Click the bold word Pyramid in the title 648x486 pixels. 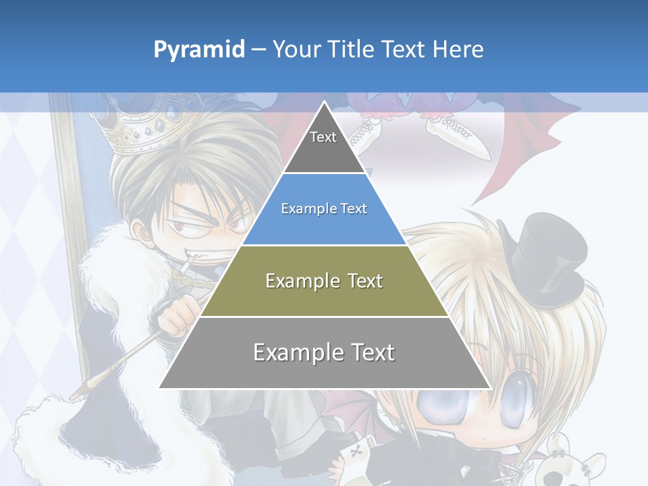(x=198, y=50)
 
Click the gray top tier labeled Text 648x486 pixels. (x=324, y=145)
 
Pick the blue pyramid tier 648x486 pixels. (x=324, y=209)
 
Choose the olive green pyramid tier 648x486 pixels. (x=324, y=281)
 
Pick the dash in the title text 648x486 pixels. (x=259, y=50)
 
